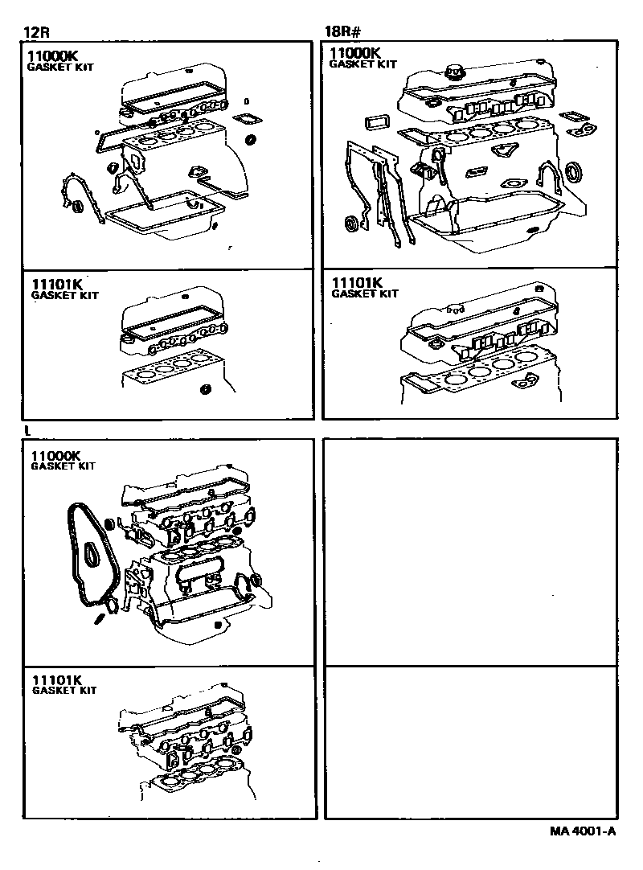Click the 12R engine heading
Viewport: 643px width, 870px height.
35,33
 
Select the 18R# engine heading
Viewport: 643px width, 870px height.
342,33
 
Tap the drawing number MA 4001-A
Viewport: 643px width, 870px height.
572,832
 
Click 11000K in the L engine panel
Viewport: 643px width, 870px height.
56,456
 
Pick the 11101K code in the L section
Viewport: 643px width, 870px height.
58,679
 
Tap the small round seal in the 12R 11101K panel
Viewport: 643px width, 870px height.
205,392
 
